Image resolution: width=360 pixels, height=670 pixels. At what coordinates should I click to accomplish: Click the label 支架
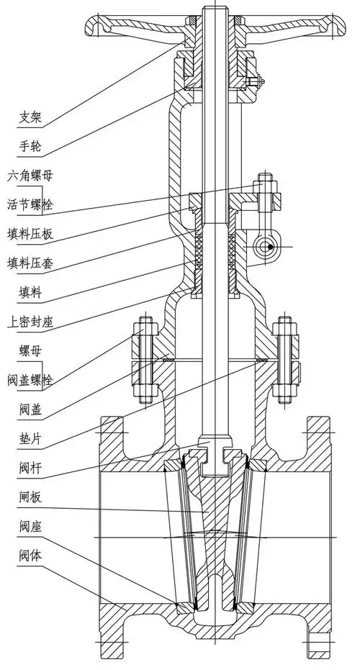tap(30, 115)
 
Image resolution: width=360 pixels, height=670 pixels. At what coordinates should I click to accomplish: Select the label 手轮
tap(30, 146)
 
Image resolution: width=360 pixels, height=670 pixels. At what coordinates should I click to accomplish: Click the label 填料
tap(30, 292)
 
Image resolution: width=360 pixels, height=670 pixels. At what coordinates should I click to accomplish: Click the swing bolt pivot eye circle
tap(269, 247)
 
